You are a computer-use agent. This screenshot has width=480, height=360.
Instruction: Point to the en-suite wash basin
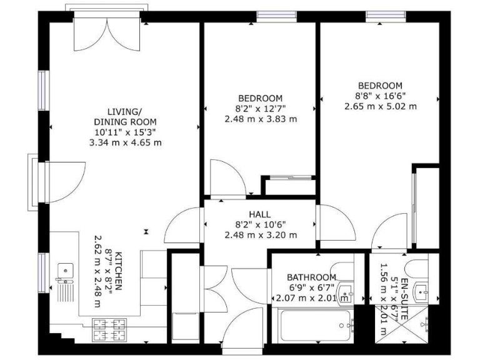click(421, 289)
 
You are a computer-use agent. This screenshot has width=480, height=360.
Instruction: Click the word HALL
click(260, 214)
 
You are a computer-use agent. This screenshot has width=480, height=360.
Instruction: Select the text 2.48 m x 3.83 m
click(260, 119)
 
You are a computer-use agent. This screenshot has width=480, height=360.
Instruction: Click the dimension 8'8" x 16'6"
click(380, 96)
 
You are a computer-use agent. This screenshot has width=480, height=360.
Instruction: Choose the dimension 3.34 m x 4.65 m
click(125, 142)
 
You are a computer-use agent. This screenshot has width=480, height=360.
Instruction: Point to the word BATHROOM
click(311, 277)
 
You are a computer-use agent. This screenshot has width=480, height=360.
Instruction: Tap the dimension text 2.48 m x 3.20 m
click(260, 235)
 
